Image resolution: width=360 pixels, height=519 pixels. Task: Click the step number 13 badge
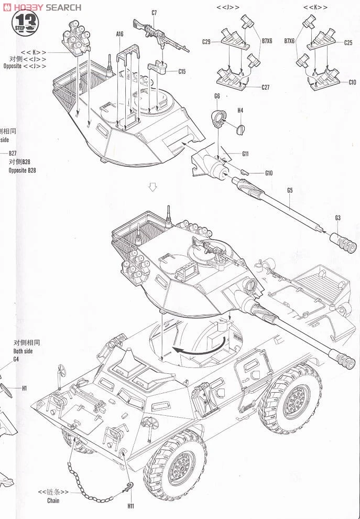coord(26,23)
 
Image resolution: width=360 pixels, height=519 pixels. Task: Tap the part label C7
coord(154,12)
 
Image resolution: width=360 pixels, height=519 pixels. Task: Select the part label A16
coord(119,34)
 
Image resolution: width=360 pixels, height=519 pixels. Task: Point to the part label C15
coord(182,71)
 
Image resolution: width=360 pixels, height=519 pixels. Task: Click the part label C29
coord(206,42)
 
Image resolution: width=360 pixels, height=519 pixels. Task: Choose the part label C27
coord(265,88)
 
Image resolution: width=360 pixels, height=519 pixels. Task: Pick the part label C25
coord(348,42)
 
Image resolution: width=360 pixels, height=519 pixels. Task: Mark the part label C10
coord(352,82)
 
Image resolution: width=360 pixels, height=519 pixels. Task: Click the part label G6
coord(217,96)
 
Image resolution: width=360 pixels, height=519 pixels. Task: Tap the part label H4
coord(241,111)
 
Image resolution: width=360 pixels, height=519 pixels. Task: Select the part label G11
coord(245,154)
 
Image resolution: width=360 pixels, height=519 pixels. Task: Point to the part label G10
coord(269,173)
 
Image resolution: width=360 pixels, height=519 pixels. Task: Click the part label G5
coord(290,190)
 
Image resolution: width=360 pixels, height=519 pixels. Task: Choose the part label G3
coord(338,218)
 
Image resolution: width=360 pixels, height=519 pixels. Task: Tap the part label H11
coord(130,506)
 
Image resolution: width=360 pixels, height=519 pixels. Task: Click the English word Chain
coord(53,501)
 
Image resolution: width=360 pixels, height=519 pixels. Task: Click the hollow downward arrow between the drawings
coord(152,187)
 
